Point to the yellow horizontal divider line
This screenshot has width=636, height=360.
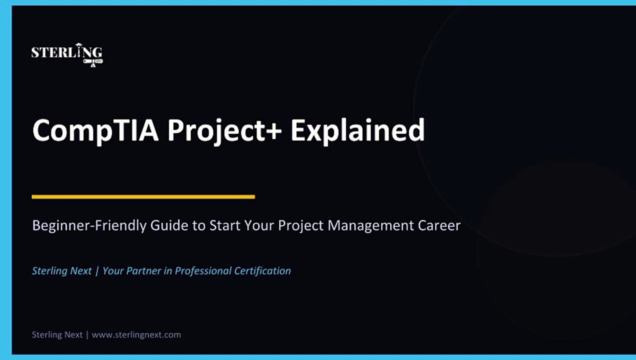point(143,197)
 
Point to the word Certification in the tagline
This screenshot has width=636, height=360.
point(264,271)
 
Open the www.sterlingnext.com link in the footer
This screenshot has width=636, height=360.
point(136,334)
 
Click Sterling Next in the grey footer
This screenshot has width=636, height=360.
point(57,334)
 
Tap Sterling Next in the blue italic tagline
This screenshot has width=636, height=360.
point(61,271)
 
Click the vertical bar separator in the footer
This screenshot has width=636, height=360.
point(87,334)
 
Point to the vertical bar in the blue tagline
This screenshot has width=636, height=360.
point(97,271)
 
